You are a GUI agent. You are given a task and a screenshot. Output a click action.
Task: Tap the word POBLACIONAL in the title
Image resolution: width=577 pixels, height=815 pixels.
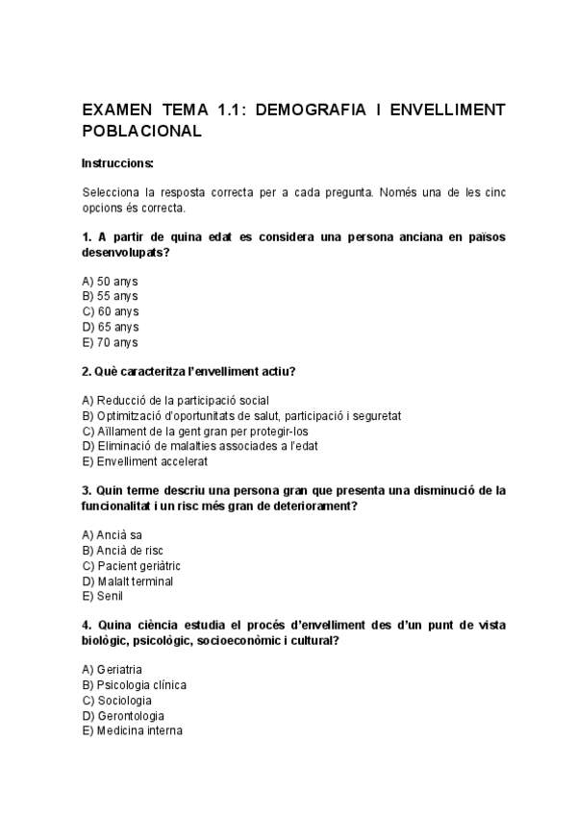pyautogui.click(x=141, y=132)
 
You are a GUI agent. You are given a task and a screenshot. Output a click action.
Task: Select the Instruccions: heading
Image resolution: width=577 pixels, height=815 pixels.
pyautogui.click(x=118, y=163)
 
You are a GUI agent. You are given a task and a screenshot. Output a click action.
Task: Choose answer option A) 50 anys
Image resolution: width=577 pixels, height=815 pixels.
pyautogui.click(x=111, y=281)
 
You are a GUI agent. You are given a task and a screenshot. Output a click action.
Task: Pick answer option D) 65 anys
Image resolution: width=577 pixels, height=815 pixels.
pyautogui.click(x=111, y=327)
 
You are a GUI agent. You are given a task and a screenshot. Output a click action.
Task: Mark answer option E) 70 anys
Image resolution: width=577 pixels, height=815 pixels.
pyautogui.click(x=111, y=342)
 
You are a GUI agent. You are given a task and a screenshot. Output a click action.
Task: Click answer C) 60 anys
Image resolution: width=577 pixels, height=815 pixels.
pyautogui.click(x=111, y=311)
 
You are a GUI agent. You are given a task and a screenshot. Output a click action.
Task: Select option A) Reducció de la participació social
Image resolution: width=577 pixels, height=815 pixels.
pyautogui.click(x=176, y=400)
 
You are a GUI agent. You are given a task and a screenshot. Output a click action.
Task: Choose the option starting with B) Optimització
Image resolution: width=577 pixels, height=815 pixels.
pyautogui.click(x=241, y=415)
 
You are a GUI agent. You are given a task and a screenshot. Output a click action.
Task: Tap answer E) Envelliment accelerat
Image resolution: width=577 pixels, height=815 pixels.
pyautogui.click(x=145, y=461)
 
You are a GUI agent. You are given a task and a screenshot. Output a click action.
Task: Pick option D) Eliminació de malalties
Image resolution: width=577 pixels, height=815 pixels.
pyautogui.click(x=200, y=446)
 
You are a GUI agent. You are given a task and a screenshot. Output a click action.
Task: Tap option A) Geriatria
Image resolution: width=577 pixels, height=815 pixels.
pyautogui.click(x=113, y=669)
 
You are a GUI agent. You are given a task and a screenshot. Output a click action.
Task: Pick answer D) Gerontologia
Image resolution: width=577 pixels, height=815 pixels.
pyautogui.click(x=123, y=715)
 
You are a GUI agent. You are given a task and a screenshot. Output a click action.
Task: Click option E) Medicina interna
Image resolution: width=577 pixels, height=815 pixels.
pyautogui.click(x=132, y=730)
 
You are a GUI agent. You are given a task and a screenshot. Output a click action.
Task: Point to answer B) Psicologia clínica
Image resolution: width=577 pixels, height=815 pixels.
pyautogui.click(x=135, y=684)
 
